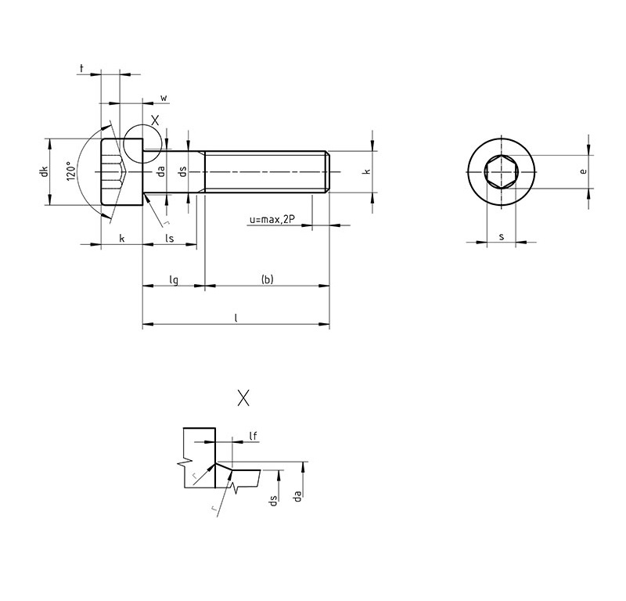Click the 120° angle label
point(71,171)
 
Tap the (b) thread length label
point(267,279)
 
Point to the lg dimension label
point(174,280)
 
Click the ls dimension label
point(170,238)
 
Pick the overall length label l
point(236,318)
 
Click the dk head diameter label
point(44,171)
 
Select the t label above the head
point(82,68)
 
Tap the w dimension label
point(164,98)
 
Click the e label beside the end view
point(583,171)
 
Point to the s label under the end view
point(502,237)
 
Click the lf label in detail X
point(253,436)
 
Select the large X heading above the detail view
point(243,398)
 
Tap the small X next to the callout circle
point(155,120)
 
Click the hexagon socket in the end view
point(501,171)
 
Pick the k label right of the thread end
point(366,171)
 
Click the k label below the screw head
point(122,239)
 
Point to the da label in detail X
point(297,496)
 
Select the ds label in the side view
point(182,171)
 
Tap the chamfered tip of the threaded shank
point(328,171)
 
